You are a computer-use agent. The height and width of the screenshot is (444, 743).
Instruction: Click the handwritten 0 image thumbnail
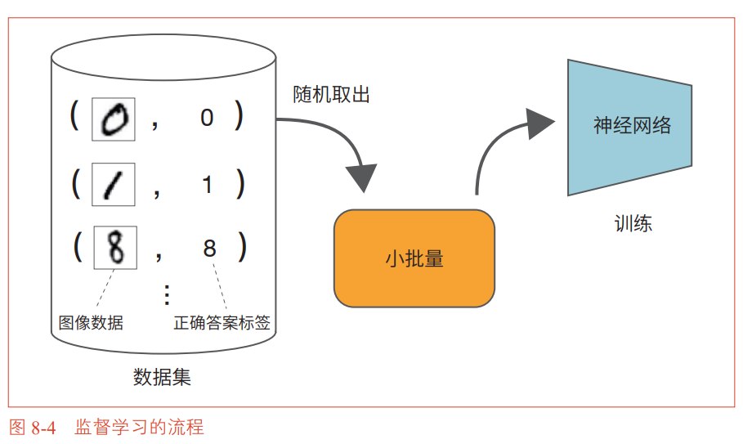tap(114, 119)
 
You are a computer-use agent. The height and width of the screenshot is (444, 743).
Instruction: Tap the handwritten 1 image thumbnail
tap(114, 184)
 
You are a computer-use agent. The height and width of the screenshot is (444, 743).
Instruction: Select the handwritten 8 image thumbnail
tap(115, 248)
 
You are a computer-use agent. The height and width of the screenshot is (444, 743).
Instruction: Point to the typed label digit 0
tap(207, 118)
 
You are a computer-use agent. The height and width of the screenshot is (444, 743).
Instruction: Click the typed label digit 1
tap(207, 184)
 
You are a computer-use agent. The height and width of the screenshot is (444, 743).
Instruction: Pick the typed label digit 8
tap(209, 249)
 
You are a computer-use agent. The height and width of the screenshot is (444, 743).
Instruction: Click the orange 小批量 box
tap(414, 258)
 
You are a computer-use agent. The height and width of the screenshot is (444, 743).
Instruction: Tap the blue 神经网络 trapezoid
tap(629, 127)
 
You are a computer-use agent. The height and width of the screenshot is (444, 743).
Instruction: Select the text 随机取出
tap(331, 94)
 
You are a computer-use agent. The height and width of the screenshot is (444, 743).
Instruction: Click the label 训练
tap(633, 223)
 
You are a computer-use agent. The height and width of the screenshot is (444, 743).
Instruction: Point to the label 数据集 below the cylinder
tap(162, 377)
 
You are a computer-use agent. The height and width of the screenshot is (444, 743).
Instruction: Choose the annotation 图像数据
tap(91, 323)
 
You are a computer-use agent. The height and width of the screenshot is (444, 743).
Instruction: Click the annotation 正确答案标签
tap(222, 323)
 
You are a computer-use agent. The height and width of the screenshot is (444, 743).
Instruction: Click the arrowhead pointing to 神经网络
tap(540, 123)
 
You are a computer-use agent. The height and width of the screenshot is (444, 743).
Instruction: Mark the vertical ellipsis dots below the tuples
tap(167, 294)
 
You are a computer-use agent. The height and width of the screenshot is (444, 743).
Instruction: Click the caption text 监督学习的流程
tap(139, 427)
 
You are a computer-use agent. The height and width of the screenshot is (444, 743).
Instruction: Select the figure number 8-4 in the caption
tap(43, 428)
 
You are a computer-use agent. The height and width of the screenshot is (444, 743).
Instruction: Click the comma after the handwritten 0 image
tap(155, 125)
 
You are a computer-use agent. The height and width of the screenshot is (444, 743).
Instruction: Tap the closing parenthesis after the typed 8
tap(242, 247)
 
